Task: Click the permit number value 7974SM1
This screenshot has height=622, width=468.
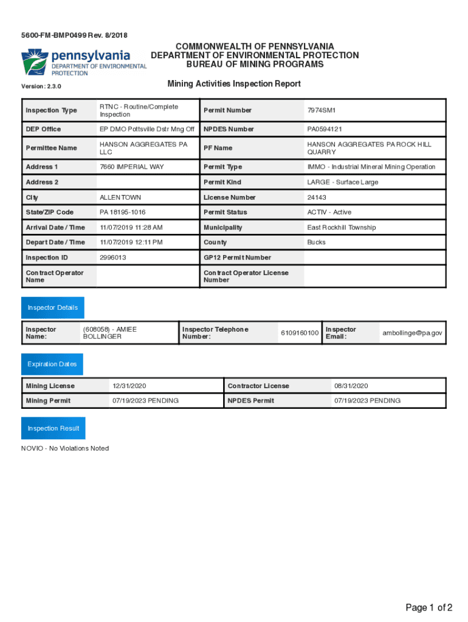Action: [x=322, y=111]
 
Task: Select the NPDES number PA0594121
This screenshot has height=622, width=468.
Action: [x=325, y=129]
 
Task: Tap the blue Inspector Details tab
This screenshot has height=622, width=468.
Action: [x=53, y=308]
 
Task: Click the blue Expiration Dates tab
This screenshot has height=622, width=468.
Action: [x=52, y=364]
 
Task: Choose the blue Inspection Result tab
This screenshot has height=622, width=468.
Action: [x=53, y=428]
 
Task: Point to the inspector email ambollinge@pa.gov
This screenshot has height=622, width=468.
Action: [x=412, y=333]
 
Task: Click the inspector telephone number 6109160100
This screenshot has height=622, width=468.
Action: [x=300, y=333]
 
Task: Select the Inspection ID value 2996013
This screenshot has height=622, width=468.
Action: [x=114, y=258]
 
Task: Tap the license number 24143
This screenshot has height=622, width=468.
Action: [x=317, y=197]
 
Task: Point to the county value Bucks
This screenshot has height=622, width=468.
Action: [x=316, y=242]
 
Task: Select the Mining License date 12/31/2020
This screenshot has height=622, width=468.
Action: [x=129, y=386]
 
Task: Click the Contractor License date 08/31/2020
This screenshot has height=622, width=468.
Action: [x=351, y=386]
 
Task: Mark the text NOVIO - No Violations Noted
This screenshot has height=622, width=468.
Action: [x=65, y=448]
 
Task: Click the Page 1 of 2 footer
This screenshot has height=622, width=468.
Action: [x=429, y=607]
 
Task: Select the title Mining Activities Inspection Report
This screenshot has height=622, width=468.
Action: [x=234, y=84]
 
